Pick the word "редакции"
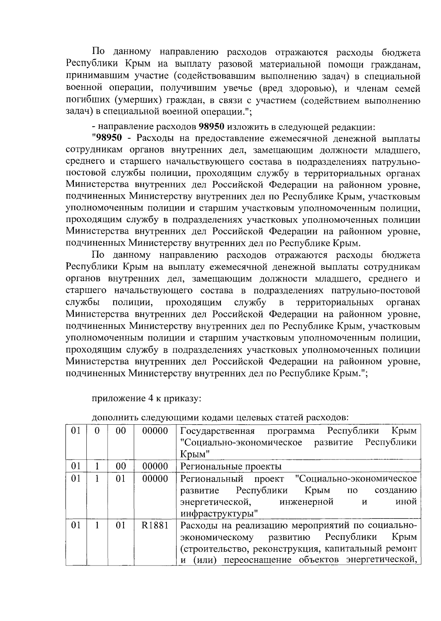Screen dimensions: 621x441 point(356,127)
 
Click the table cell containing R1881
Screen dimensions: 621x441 point(155,526)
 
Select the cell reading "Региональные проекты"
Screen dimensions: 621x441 point(231,467)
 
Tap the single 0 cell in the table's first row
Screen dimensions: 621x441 point(97,431)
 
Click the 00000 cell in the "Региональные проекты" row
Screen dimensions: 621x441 point(155,467)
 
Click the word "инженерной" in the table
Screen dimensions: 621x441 point(306,501)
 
